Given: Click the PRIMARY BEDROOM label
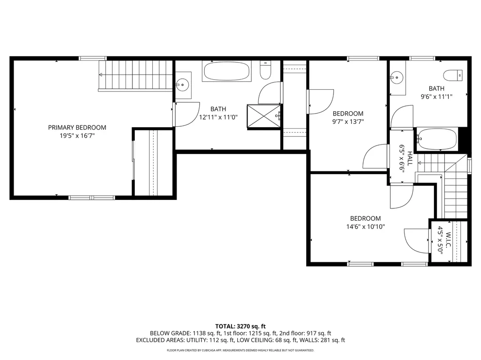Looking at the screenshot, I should (77, 127).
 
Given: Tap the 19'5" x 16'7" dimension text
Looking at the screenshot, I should (77, 136).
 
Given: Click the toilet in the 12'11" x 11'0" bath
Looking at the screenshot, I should (265, 71).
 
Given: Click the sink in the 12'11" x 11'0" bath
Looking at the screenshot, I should (182, 85).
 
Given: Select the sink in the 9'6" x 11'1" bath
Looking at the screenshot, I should (397, 77).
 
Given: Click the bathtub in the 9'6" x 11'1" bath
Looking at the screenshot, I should (436, 139).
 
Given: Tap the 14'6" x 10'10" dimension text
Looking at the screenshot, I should (365, 227).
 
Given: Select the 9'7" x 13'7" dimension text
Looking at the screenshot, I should (348, 122).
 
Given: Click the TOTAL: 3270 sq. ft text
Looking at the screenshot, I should (240, 326).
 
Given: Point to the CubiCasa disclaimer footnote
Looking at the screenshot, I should (240, 350).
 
